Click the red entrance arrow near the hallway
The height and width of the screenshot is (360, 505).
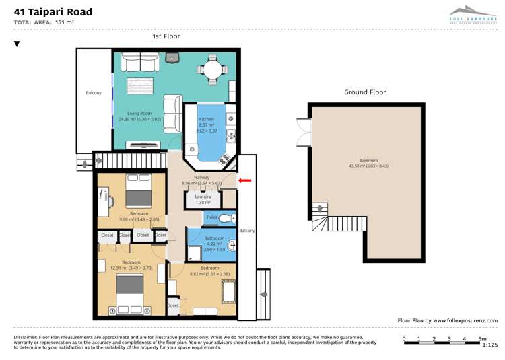click(245, 180)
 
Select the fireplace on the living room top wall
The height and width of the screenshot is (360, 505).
click(173, 59)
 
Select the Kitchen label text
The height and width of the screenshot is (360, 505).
click(206, 119)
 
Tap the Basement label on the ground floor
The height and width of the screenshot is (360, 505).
click(368, 161)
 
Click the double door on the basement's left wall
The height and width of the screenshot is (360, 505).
click(304, 131)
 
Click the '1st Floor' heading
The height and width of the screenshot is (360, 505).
click(166, 36)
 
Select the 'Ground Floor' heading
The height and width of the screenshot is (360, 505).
click(365, 92)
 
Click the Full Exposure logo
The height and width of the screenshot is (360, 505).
click(473, 14)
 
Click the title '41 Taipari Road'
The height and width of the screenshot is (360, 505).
click(53, 12)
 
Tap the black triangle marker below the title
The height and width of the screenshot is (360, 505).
click(17, 44)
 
